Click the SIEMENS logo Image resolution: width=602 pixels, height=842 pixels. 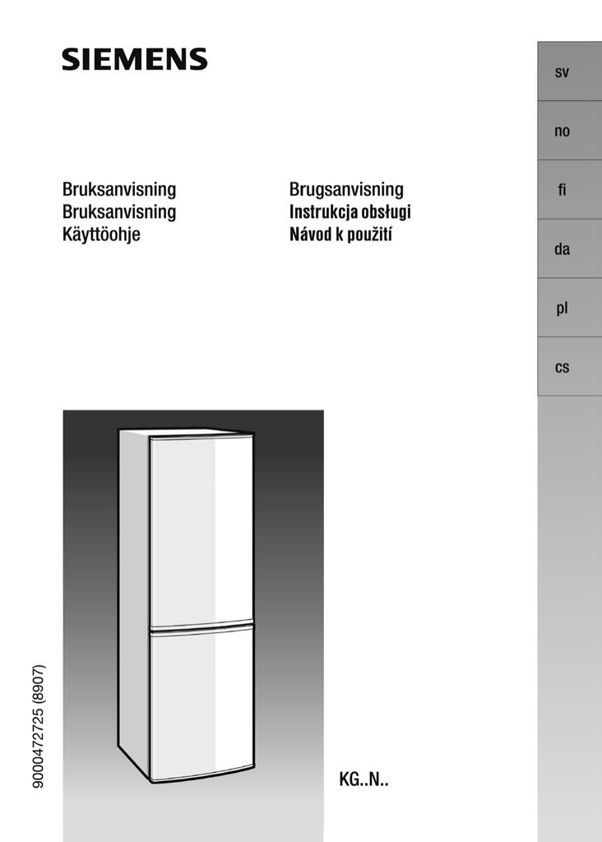(x=135, y=59)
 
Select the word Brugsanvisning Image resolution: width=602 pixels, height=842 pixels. (x=346, y=190)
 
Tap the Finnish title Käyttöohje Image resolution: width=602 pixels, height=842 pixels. (x=101, y=234)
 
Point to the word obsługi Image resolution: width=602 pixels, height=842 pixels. (x=386, y=212)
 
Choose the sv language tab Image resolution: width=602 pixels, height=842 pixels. (x=563, y=72)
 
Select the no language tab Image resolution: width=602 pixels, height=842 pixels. (x=563, y=131)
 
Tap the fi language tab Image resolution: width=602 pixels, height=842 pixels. (x=563, y=190)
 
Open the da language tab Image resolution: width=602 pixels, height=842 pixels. (x=563, y=249)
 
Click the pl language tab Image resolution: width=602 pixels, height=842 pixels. (x=563, y=308)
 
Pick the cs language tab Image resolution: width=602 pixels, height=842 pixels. (x=563, y=368)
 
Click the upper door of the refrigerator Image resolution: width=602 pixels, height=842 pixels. (x=201, y=526)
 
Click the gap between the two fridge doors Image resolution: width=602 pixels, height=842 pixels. (x=201, y=624)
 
